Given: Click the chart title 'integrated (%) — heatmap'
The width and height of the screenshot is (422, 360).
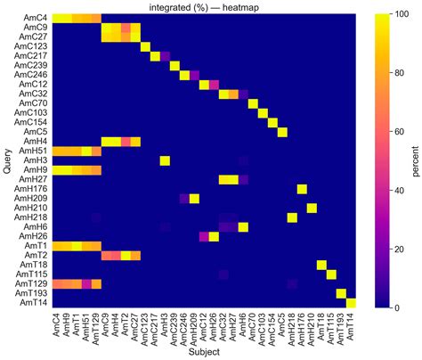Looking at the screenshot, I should tap(204, 7).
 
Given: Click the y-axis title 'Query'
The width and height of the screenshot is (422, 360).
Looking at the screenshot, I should tap(8, 160).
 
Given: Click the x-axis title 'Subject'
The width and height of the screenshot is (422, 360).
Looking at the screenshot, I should tap(204, 352).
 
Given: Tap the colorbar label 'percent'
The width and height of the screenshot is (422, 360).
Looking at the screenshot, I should tap(415, 160).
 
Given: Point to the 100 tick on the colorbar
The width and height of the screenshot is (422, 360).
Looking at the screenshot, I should tap(394, 14).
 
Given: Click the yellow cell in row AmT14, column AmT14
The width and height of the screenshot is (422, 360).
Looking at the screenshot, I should tap(351, 302).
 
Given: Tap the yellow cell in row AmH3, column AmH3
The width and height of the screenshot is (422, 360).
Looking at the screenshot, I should tap(165, 160).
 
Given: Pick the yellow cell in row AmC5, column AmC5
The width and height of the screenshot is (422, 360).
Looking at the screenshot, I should tap(282, 132).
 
